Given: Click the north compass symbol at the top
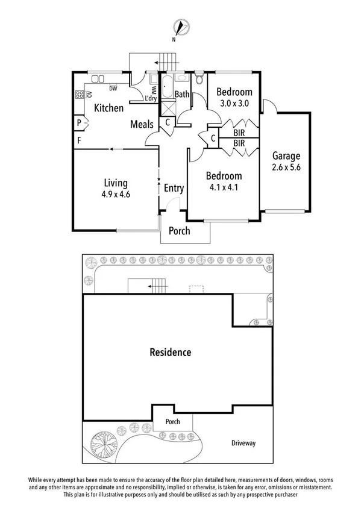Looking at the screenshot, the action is (x=181, y=28).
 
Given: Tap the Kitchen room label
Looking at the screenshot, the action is (x=109, y=108).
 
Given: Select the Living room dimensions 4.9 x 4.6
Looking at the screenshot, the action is (x=116, y=195).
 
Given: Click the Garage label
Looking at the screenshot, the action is (x=286, y=157).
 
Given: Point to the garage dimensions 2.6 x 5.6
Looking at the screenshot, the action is (x=286, y=168).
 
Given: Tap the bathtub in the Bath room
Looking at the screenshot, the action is (x=166, y=87).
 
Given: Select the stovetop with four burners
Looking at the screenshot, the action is (x=79, y=94).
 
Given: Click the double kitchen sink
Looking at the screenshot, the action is (x=98, y=78).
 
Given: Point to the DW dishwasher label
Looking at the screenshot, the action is (x=113, y=89).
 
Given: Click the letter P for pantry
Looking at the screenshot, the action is (x=79, y=123).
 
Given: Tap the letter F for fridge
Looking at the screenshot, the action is (x=79, y=141).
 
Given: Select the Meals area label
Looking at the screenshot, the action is (x=142, y=124).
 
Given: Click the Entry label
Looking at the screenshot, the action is (x=174, y=188).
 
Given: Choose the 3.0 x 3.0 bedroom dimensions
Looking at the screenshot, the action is (x=234, y=103).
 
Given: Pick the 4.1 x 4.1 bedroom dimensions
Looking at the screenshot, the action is (x=224, y=187).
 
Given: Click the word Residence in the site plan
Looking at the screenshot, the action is (x=171, y=353).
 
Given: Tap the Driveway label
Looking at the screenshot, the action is (x=243, y=444).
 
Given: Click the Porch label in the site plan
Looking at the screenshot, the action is (x=173, y=422).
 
